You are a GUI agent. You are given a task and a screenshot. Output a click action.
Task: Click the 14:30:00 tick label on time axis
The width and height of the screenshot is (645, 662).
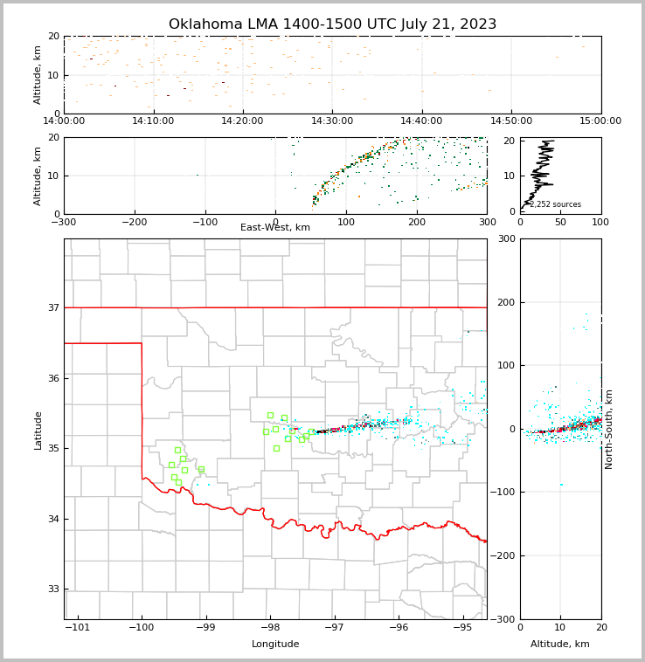click(332, 121)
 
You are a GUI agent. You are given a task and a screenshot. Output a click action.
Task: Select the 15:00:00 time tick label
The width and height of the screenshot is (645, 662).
click(600, 121)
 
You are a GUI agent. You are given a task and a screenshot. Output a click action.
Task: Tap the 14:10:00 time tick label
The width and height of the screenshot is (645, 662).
click(153, 121)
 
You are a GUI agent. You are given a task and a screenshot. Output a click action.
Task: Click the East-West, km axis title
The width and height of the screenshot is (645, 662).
click(275, 228)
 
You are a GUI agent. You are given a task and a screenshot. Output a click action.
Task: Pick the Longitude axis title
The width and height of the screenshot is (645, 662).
click(275, 645)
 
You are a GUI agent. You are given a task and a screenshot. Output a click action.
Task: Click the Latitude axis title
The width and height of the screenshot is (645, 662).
click(38, 430)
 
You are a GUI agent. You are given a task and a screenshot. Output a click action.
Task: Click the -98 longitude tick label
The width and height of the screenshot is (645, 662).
click(270, 627)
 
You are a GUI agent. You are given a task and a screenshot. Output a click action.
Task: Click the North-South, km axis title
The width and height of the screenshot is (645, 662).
click(609, 429)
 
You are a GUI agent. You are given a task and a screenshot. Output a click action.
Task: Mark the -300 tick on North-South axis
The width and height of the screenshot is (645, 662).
click(503, 619)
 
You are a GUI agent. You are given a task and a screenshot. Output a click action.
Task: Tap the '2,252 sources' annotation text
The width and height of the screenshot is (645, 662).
click(556, 205)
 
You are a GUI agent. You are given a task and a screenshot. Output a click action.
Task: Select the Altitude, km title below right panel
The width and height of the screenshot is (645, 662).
click(560, 645)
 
